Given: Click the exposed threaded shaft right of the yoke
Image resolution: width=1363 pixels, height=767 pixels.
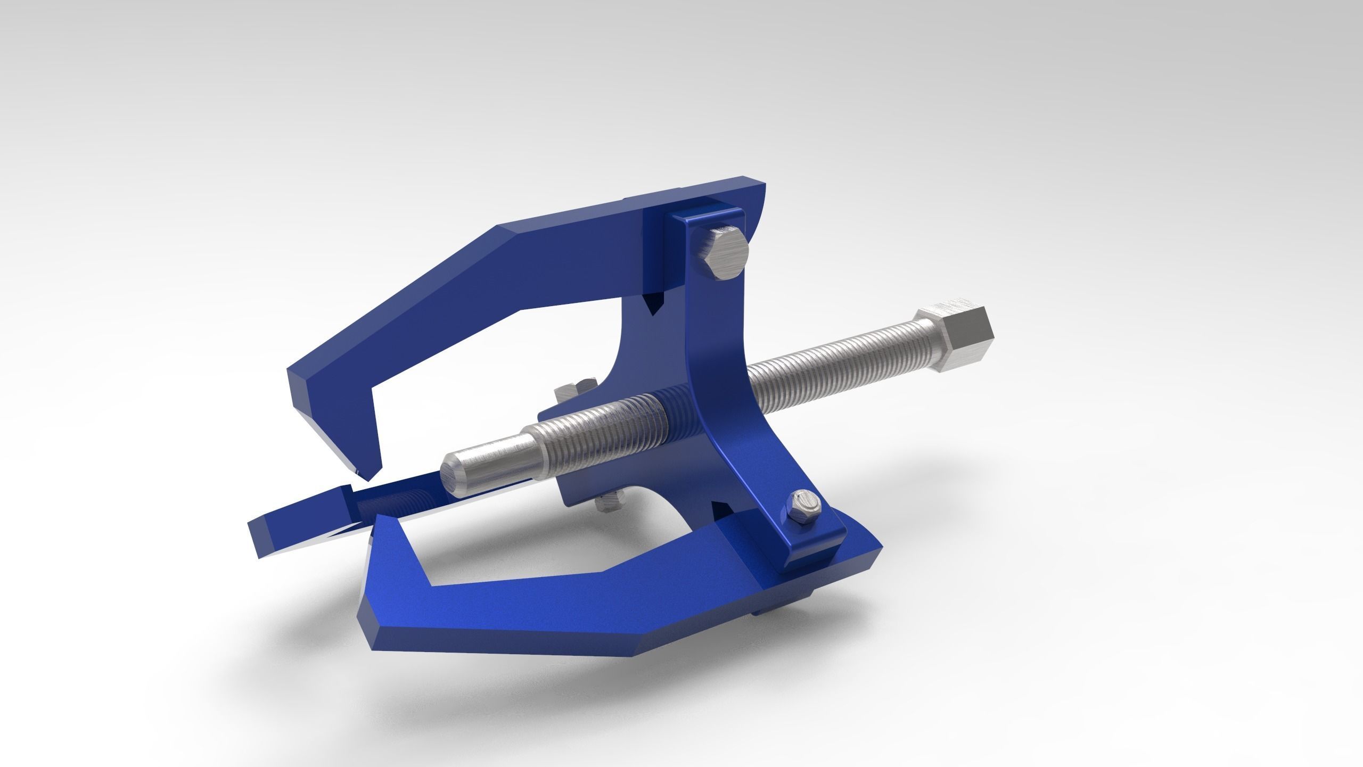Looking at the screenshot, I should [831, 375].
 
